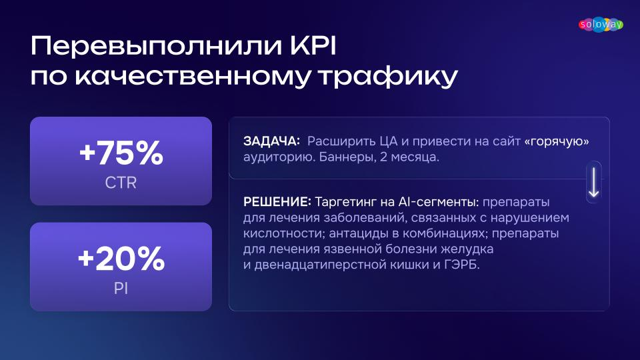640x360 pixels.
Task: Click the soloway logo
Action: tap(601, 25)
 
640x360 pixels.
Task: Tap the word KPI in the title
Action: tap(313, 46)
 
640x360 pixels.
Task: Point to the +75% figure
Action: tap(121, 153)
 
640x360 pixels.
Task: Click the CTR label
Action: tap(121, 183)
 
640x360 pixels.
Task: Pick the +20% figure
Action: tap(121, 259)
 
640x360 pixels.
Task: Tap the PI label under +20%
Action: tap(121, 289)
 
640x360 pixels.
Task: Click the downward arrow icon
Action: tap(593, 182)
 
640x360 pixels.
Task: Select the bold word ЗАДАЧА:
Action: tap(271, 141)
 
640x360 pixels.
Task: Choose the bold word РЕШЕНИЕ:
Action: tap(277, 201)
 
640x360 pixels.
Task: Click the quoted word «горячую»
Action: tap(557, 141)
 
